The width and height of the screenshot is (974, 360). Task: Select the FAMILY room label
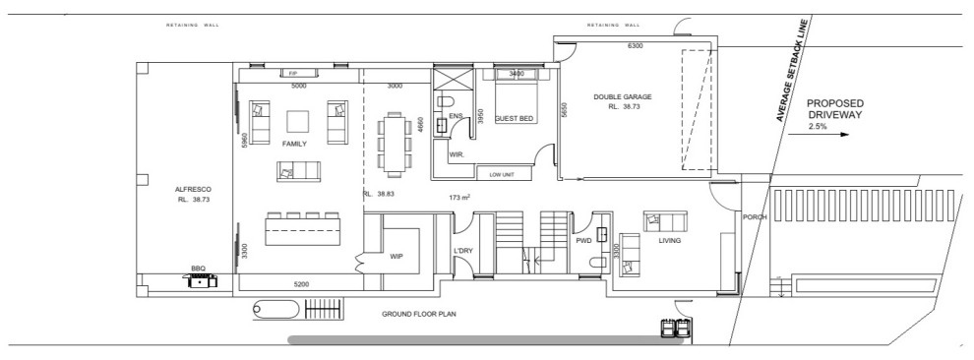294,144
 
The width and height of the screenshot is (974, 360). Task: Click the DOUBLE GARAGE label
622,96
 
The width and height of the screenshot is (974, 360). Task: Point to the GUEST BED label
514,119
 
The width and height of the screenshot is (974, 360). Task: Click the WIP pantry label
396,256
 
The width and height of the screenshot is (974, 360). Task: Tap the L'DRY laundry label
463,251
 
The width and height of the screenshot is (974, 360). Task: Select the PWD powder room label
582,239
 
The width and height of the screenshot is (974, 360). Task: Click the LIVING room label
670,240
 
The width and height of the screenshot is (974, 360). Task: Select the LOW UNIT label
501,175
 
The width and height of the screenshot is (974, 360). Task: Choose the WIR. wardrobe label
457,154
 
